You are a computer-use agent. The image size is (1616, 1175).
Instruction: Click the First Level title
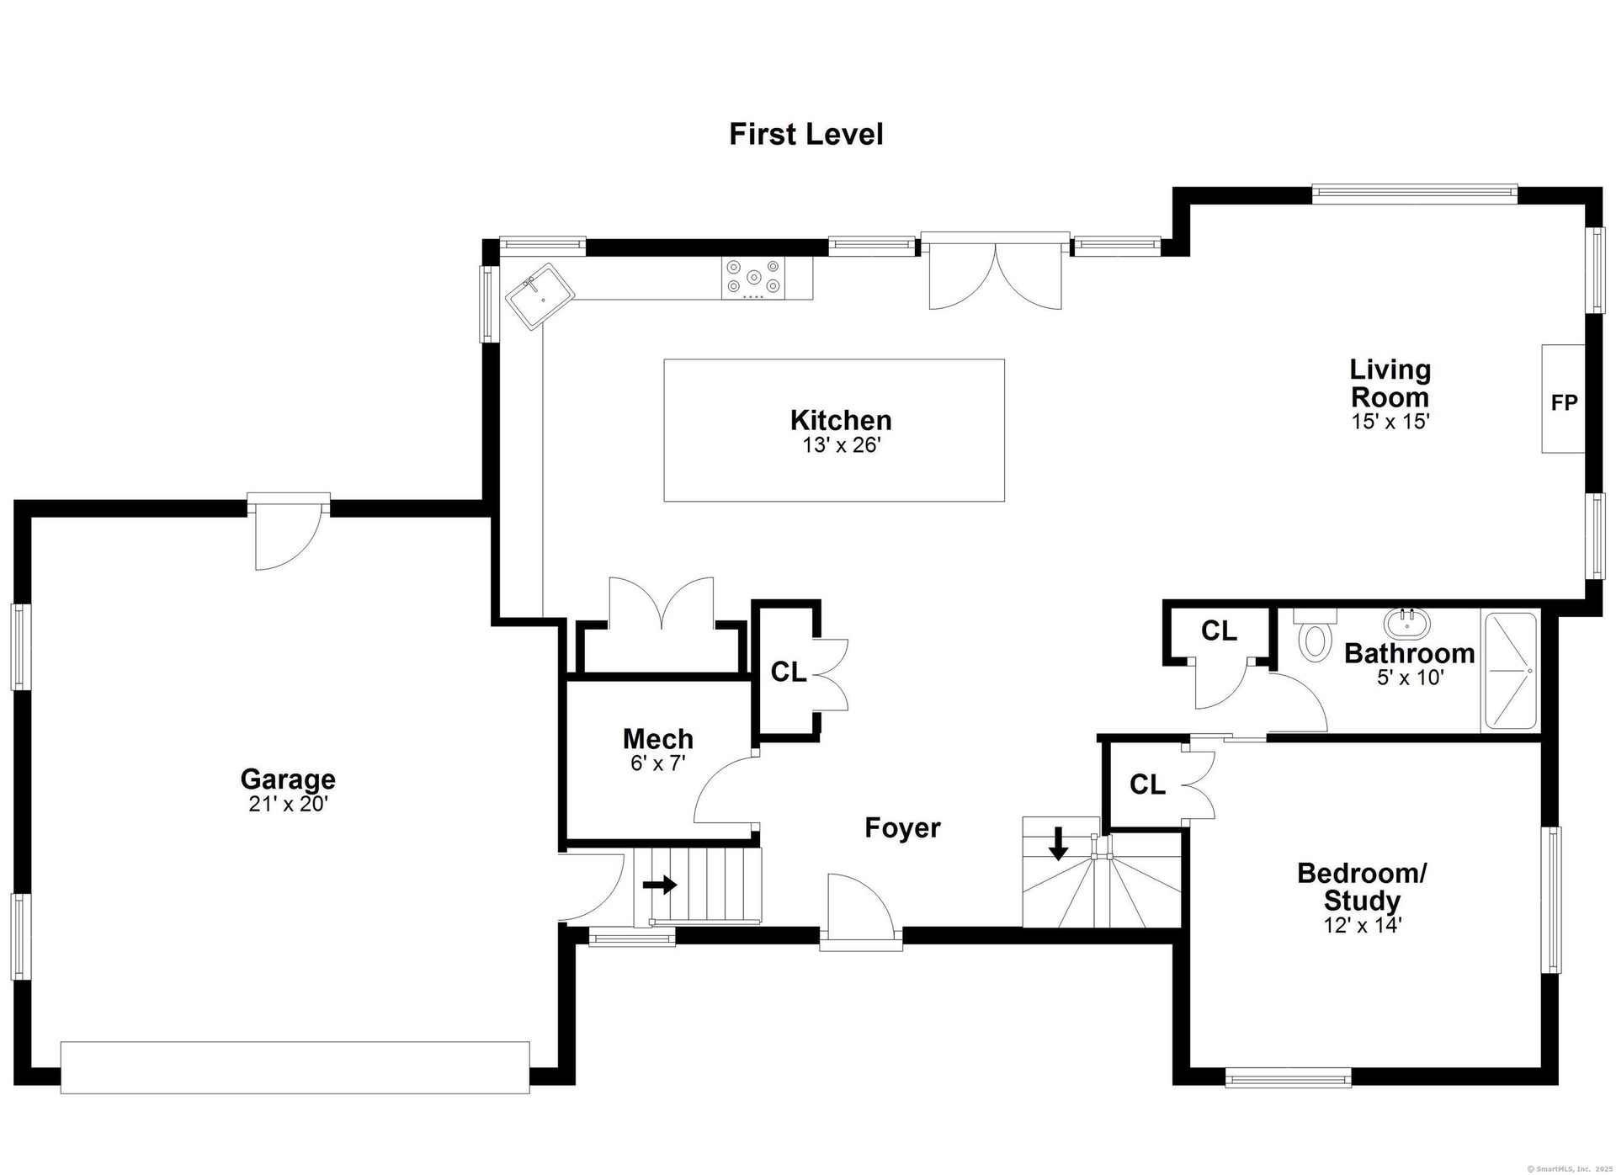pos(806,135)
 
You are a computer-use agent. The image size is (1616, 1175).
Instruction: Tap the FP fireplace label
pos(1564,403)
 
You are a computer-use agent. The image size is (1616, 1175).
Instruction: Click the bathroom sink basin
pos(1407,623)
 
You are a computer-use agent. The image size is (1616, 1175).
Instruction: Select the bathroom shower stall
pos(1511,671)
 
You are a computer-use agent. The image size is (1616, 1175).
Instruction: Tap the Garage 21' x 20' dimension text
pos(288,805)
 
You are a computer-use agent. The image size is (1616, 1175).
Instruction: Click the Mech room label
pos(658,739)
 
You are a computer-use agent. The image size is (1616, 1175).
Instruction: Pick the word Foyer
pos(902,828)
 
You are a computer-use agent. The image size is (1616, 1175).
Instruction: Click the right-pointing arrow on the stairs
pos(660,885)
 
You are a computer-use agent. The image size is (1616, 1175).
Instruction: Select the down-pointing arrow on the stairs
pos(1058,843)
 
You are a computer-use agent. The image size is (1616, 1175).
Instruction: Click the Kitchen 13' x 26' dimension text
pos(842,445)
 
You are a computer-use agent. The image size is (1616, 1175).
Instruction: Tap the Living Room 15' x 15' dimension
pos(1390,421)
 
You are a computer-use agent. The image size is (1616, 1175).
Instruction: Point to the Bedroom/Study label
pos(1362,886)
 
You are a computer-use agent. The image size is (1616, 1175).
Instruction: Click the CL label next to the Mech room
pos(789,672)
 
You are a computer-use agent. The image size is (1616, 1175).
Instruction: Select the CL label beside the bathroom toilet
pos(1219,630)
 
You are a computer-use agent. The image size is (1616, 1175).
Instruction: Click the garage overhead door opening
pos(295,1067)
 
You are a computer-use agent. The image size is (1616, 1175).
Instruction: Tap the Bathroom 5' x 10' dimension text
pos(1411,677)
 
